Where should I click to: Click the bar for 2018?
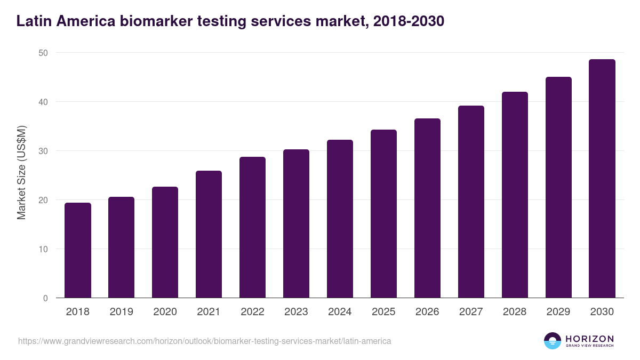78,251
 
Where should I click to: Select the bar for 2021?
209,235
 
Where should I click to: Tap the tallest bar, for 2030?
602,179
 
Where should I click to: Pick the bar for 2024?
340,219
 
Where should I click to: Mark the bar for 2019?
122,247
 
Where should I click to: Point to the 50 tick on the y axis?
43,53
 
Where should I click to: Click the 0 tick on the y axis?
45,298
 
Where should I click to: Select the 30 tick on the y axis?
43,151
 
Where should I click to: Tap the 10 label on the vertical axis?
43,249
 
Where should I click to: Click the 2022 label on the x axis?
252,312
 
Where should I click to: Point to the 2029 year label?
558,312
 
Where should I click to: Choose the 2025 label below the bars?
383,312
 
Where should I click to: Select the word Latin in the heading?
33,21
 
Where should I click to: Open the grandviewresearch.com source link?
204,341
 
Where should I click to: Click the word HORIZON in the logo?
590,339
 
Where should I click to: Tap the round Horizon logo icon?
553,341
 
